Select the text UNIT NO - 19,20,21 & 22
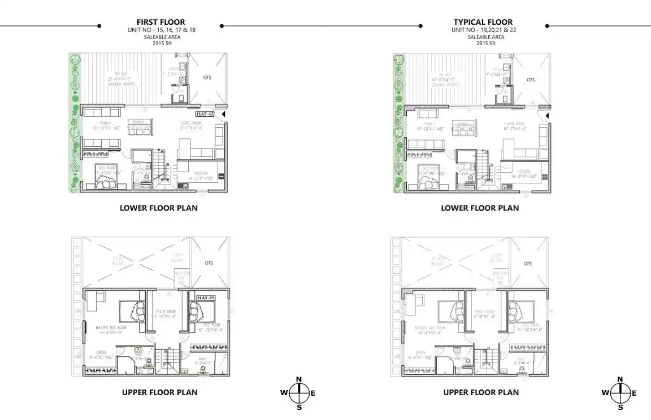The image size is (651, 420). pyautogui.click(x=483, y=29)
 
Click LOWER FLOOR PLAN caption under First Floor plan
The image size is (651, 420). pyautogui.click(x=158, y=208)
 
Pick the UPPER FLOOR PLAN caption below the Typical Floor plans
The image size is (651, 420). pyautogui.click(x=480, y=392)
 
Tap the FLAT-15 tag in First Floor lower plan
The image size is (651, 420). pyautogui.click(x=205, y=114)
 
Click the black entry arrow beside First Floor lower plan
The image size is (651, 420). pyautogui.click(x=224, y=114)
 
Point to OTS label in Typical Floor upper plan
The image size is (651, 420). pyautogui.click(x=527, y=264)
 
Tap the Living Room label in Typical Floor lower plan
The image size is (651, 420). pyautogui.click(x=515, y=124)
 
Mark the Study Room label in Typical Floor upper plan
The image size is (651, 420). pyautogui.click(x=484, y=311)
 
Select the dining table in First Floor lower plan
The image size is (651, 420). pyautogui.click(x=138, y=126)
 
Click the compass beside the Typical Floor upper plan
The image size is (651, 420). pyautogui.click(x=620, y=393)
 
